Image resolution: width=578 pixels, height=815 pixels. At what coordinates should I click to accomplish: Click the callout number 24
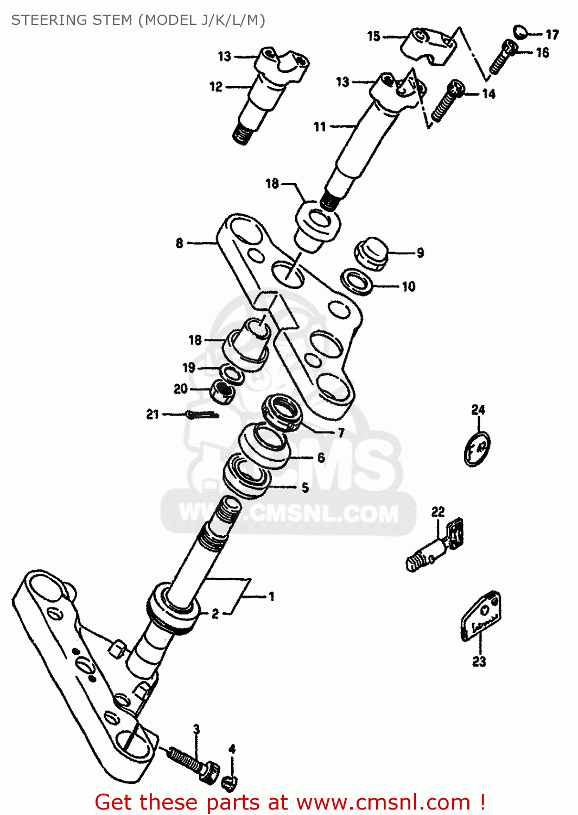478,410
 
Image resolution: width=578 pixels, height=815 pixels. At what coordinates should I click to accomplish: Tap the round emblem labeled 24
477,449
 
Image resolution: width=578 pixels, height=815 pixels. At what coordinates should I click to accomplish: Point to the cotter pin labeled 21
202,415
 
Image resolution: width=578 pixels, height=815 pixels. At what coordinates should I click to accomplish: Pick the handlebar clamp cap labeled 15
429,46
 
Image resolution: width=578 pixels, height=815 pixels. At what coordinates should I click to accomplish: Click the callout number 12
216,87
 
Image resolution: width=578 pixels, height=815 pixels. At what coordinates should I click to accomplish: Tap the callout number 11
320,127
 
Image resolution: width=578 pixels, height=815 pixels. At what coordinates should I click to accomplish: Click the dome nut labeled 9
372,253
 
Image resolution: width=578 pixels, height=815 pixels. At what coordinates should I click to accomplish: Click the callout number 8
180,243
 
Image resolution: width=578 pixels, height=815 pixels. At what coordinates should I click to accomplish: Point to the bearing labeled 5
247,476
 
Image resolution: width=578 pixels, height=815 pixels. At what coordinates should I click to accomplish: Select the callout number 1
271,597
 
